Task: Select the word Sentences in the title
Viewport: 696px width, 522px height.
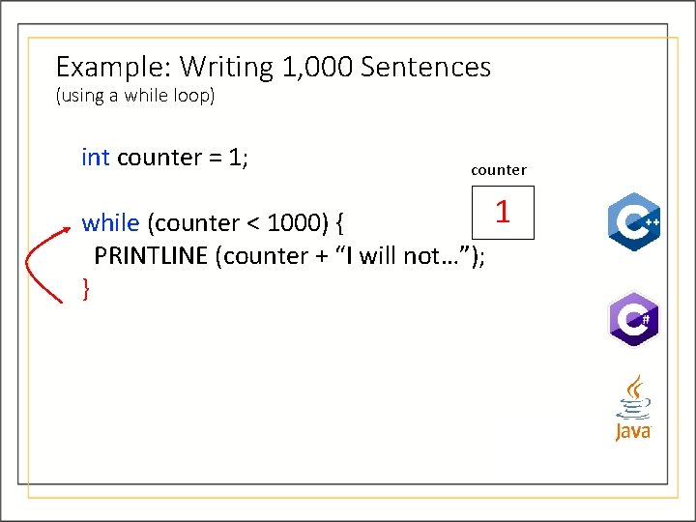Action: coord(425,68)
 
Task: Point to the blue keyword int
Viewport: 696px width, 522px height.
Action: coord(96,158)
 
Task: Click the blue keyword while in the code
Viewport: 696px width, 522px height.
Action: coord(110,223)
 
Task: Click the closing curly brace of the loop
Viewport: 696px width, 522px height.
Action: coord(87,287)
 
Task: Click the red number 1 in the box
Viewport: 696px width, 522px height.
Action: coord(502,212)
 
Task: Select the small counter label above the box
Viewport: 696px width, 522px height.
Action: coord(499,170)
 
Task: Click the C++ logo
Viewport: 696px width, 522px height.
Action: coord(633,221)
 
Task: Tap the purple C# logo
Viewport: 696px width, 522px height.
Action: coord(633,318)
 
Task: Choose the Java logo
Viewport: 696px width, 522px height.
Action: coord(633,408)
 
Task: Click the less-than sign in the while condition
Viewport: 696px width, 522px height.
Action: coord(251,224)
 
